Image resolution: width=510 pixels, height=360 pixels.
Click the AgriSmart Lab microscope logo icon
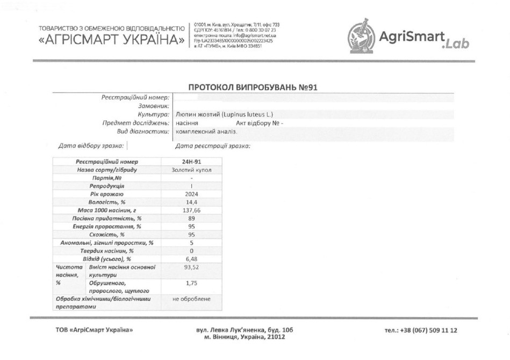[x=360, y=35]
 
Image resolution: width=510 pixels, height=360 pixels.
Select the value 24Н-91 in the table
[x=191, y=162]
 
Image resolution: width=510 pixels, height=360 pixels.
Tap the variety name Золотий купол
[x=191, y=170]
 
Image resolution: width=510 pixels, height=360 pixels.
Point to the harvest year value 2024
[x=191, y=194]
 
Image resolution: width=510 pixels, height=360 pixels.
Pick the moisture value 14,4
[x=191, y=202]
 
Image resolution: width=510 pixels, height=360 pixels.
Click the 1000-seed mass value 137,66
[x=191, y=210]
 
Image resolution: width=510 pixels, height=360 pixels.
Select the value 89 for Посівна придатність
[x=191, y=218]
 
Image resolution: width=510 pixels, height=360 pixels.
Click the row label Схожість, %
[x=107, y=234]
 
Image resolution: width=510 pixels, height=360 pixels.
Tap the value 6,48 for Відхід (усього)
[x=191, y=258]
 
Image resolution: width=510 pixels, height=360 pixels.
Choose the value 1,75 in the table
[x=191, y=283]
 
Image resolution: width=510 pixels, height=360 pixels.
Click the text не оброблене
[x=191, y=299]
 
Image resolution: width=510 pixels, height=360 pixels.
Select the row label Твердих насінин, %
[x=107, y=250]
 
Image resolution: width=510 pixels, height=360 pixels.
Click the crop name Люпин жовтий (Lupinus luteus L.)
[x=225, y=114]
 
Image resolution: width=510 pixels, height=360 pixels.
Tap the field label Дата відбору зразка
[x=91, y=146]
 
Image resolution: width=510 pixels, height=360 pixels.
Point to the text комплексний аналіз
[x=207, y=132]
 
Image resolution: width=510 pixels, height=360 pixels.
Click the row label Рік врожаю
[x=107, y=194]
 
